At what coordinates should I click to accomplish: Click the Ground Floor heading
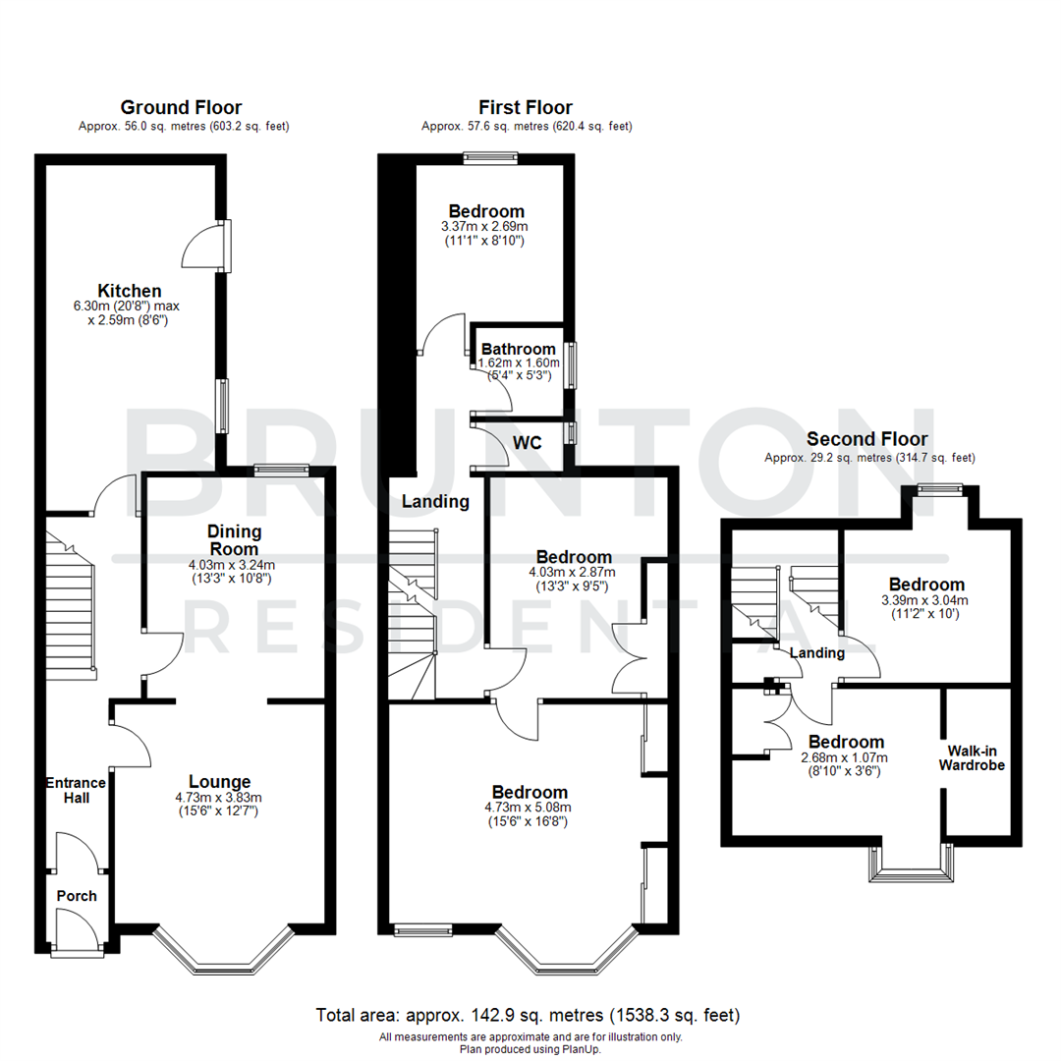coord(181,107)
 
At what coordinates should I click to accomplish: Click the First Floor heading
coord(526,107)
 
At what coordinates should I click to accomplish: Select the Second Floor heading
coord(866,439)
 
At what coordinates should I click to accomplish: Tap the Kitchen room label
coord(129,290)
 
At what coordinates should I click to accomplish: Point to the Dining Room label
coord(233,540)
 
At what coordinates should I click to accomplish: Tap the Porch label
coord(77,896)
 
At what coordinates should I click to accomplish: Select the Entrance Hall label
coord(76,790)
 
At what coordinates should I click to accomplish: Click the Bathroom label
coord(519,349)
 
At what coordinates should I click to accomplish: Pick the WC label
coord(529,443)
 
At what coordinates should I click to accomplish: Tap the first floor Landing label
coord(435,501)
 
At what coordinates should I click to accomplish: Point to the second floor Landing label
coord(817,653)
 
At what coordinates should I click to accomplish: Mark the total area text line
coord(528,1015)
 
